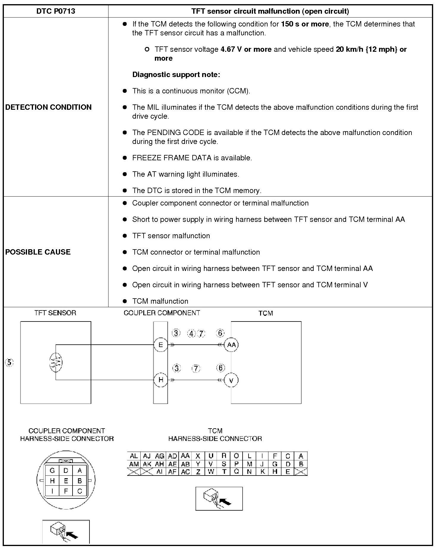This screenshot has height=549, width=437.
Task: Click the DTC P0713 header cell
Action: pos(56,11)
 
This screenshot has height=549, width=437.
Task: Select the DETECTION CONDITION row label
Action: pos(48,107)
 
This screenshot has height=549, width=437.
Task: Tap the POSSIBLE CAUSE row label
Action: pos(38,252)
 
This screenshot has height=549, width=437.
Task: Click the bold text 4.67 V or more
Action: pos(246,49)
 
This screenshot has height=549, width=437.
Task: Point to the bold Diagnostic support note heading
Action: pos(176,75)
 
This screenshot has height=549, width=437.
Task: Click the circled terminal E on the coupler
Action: pos(161,345)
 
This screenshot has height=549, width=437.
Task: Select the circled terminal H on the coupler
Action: pos(161,380)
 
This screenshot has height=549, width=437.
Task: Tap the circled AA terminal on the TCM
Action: pos(231,345)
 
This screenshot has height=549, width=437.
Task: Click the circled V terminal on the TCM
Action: pos(231,380)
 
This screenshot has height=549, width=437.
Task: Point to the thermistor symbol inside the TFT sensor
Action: pos(56,362)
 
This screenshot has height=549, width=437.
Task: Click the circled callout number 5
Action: pos(10,363)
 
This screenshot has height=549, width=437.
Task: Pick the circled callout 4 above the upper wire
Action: pos(191,334)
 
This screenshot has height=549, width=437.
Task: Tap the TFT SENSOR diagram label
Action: pos(55,313)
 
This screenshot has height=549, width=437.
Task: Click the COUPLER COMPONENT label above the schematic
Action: pos(162,313)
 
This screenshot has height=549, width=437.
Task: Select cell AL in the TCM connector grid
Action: pos(134,456)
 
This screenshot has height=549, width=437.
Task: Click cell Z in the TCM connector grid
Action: pos(198,472)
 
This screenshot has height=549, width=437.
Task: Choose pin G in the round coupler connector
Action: pos(52,471)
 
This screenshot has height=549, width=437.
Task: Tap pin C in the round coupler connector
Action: pos(80,491)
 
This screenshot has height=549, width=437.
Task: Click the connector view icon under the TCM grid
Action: pos(219,498)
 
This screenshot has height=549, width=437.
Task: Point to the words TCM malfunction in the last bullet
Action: pos(160,301)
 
